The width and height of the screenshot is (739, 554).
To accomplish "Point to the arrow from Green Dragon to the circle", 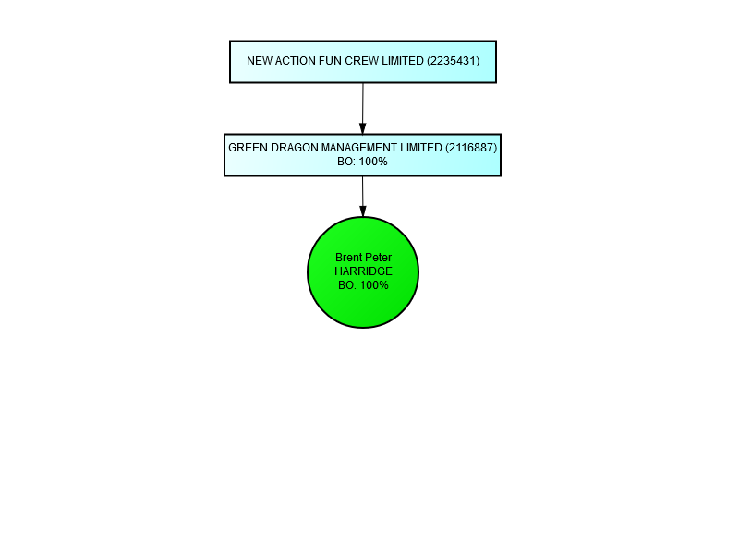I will click(x=363, y=196).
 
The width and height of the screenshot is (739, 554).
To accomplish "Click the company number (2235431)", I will click(x=453, y=62).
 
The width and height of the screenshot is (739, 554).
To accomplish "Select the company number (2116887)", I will click(x=471, y=148).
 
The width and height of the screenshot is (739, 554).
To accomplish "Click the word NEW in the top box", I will click(x=258, y=62).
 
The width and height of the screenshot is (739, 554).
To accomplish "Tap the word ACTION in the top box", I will click(x=293, y=62).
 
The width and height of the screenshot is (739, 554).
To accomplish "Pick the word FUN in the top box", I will click(x=328, y=62).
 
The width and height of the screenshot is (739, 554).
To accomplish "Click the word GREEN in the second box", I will click(x=247, y=148).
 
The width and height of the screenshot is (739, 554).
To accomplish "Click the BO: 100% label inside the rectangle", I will click(x=363, y=162).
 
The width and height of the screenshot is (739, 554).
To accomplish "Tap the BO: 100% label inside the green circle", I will click(x=363, y=286).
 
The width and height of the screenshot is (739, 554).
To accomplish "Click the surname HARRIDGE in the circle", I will click(x=363, y=271).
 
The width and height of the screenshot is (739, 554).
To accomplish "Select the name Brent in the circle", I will click(x=349, y=258).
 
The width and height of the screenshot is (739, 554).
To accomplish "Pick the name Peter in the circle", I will click(x=379, y=258).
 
